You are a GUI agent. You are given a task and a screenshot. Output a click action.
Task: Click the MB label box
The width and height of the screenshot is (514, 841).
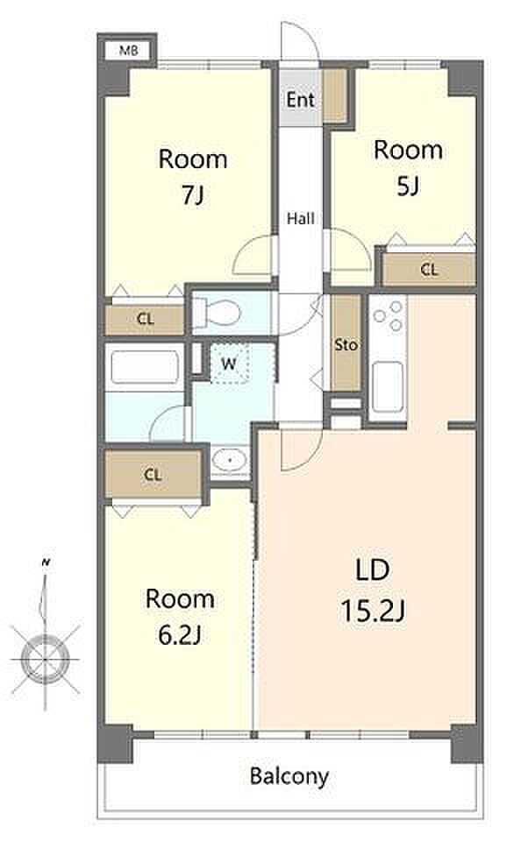128,51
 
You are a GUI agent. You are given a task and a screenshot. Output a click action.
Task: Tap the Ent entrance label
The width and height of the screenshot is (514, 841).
300,100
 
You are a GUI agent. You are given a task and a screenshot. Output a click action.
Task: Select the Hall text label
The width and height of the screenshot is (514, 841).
300,218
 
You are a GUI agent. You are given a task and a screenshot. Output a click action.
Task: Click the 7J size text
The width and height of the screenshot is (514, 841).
193,195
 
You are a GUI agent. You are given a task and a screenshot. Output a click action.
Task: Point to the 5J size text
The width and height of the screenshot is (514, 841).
408,186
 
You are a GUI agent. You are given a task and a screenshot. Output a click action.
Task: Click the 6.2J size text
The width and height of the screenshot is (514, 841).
180,636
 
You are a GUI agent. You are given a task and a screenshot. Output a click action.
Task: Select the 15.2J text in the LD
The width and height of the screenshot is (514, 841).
373,611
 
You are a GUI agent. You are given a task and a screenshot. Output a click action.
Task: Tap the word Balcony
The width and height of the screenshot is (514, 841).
289,776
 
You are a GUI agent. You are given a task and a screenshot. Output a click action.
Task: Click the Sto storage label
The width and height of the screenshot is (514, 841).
346,345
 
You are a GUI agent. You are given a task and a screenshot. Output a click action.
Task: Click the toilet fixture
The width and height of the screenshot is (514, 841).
216,313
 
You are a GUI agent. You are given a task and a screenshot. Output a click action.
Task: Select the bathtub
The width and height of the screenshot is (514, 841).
144,367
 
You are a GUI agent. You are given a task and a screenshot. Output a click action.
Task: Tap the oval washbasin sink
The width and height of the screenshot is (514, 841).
229,460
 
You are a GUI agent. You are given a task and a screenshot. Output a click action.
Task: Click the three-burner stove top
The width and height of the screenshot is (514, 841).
388,316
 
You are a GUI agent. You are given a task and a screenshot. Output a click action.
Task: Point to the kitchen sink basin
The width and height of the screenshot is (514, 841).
387,386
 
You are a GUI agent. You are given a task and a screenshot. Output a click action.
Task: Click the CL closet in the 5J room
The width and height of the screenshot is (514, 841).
429,269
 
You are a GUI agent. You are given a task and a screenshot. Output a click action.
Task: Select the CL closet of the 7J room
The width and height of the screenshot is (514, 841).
145,320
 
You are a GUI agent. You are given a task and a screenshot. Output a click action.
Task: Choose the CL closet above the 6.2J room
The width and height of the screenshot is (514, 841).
153,475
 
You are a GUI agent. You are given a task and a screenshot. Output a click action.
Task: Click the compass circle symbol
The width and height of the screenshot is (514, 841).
45,659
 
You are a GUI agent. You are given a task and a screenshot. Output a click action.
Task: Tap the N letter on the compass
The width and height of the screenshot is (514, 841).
46,562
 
